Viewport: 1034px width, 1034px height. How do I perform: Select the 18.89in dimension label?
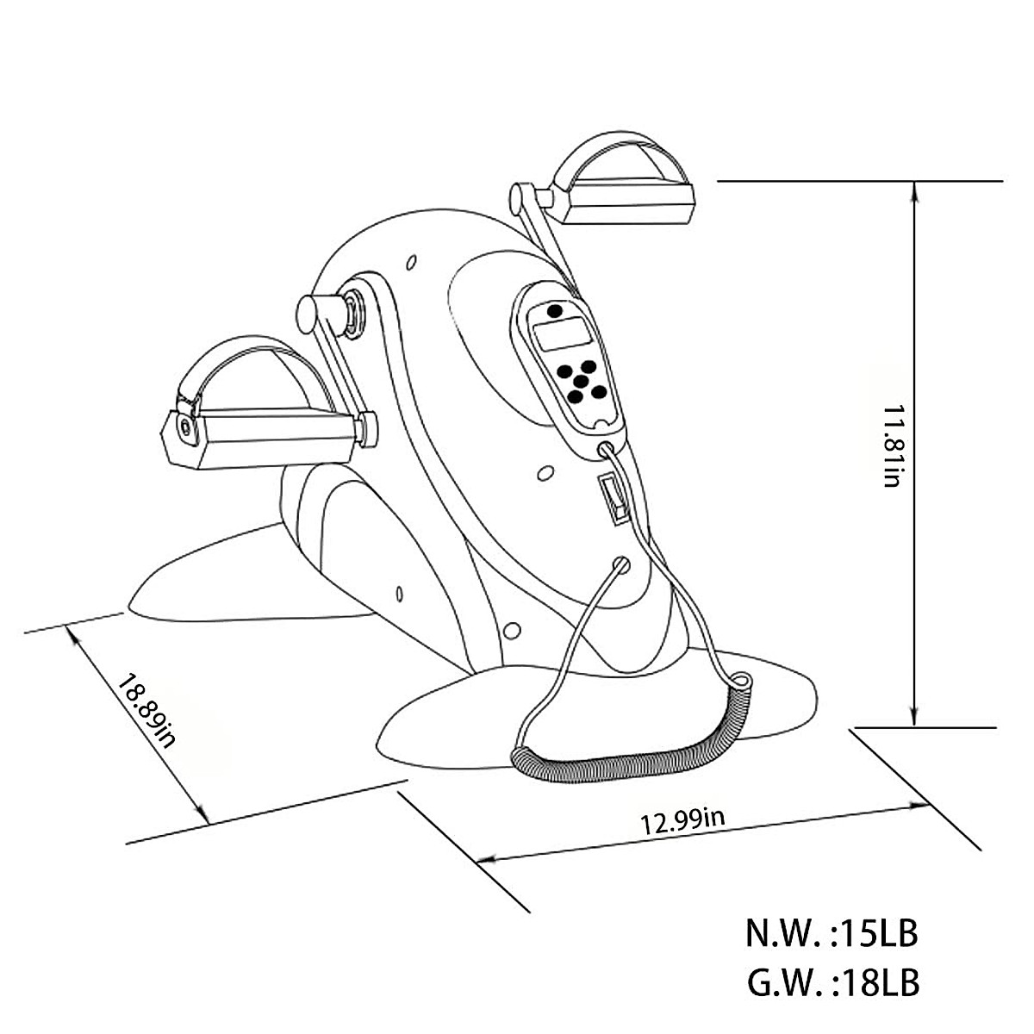147,712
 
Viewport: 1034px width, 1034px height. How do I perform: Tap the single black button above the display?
555,309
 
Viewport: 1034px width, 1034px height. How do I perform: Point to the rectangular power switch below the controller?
614,501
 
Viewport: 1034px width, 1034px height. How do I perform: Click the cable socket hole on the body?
619,564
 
